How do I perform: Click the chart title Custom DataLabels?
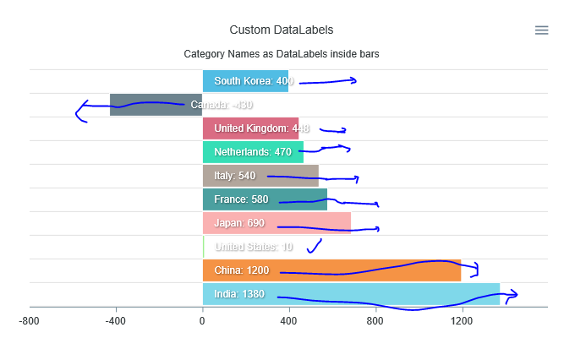click(282, 30)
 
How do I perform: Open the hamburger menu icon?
click(542, 30)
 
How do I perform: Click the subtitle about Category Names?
click(282, 54)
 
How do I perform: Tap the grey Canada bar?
click(144, 105)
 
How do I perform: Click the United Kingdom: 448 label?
click(261, 128)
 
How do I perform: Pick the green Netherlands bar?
click(253, 152)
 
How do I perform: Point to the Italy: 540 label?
click(234, 176)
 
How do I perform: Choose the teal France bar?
click(265, 199)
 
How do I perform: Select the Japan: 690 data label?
click(239, 223)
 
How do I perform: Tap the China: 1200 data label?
click(241, 270)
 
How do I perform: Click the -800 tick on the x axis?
click(30, 321)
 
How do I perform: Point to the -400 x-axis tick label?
click(116, 321)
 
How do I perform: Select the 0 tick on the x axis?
click(203, 321)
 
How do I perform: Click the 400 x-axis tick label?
click(289, 321)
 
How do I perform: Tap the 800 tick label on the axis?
click(375, 321)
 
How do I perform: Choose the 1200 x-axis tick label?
click(462, 321)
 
